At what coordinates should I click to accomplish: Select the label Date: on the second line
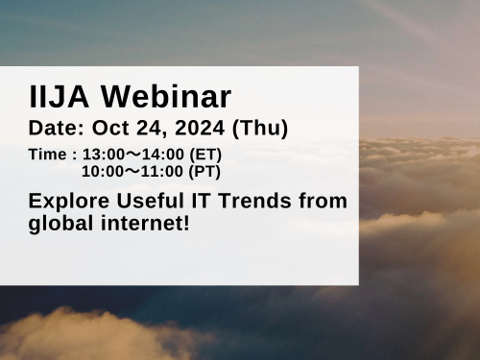pos(58,127)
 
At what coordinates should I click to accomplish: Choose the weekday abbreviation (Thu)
pos(259,127)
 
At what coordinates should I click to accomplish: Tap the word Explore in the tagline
pos(66,202)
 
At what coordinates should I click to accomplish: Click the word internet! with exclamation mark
pos(144,225)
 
